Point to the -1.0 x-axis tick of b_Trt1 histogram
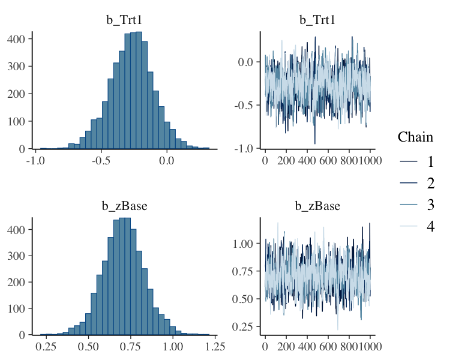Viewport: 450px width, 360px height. (x=36, y=160)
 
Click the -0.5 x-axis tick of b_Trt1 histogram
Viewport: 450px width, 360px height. (x=101, y=160)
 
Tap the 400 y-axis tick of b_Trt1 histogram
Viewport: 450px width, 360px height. (x=16, y=38)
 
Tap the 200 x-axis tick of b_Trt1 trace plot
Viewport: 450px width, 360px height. (x=286, y=160)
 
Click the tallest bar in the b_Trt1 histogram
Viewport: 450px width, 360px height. (x=139, y=90)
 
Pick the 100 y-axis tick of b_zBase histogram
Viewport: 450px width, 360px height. (x=16, y=308)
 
